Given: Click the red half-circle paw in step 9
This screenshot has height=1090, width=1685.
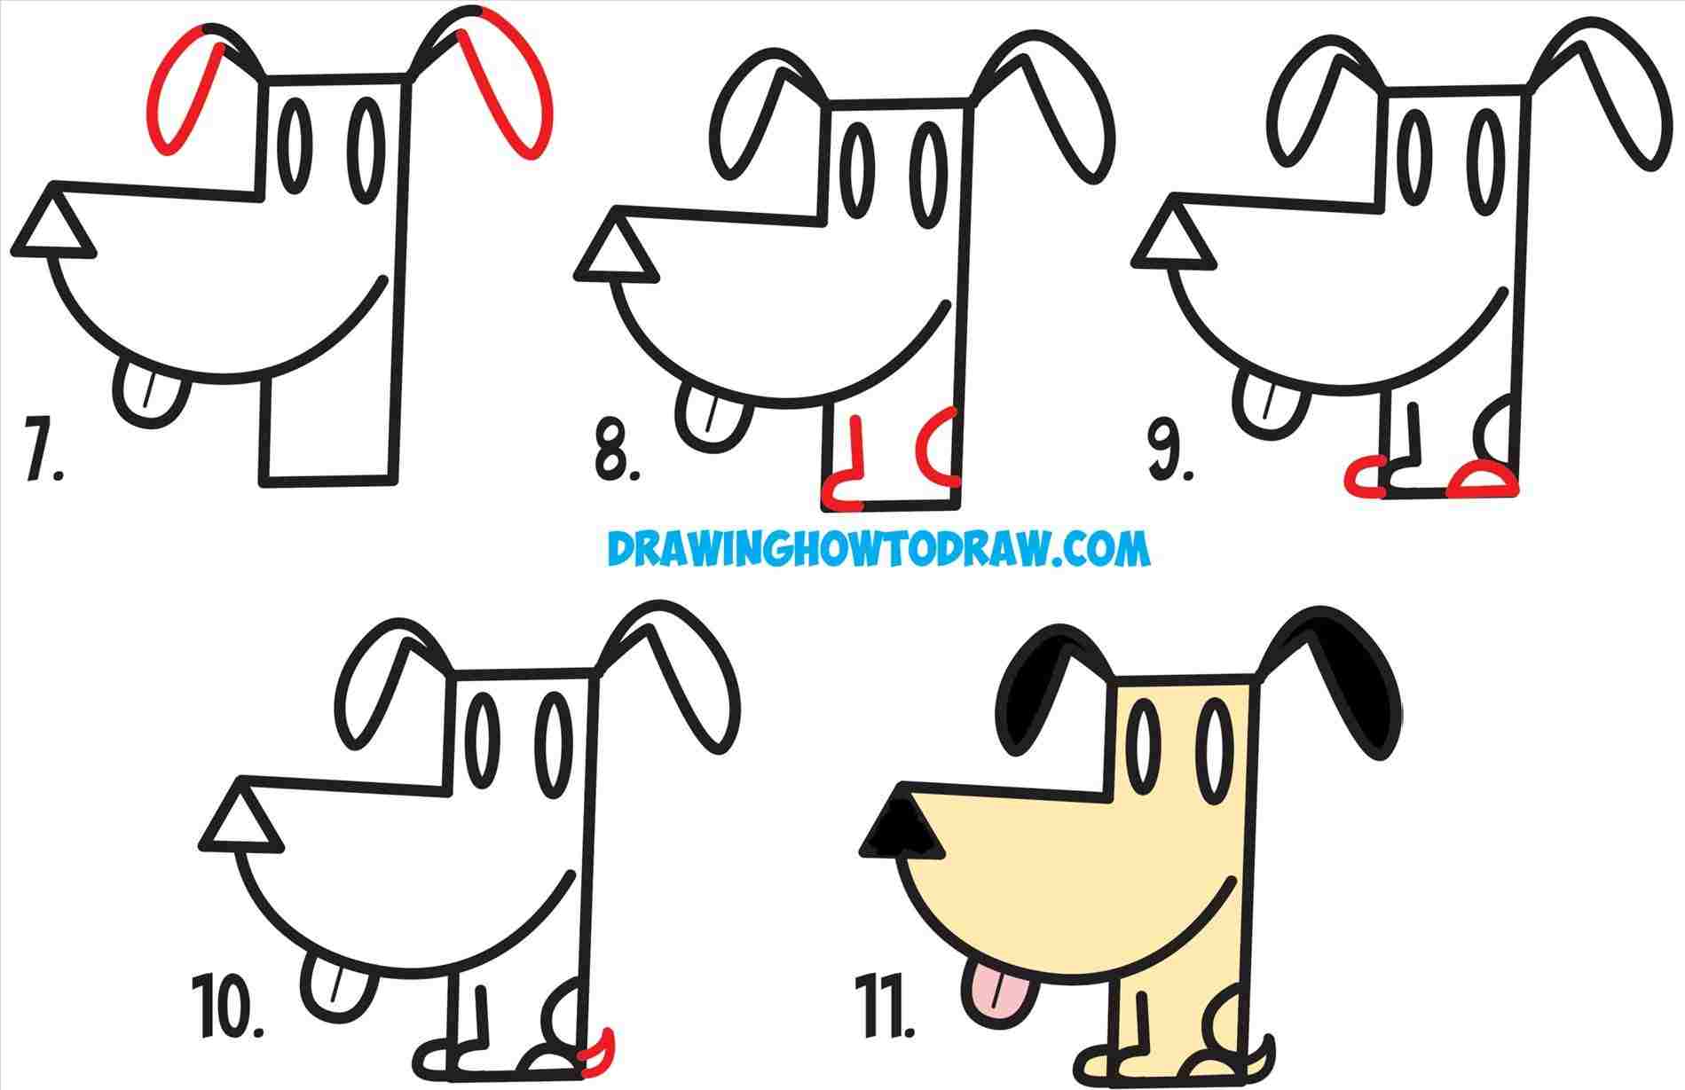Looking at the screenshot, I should point(1482,479).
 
